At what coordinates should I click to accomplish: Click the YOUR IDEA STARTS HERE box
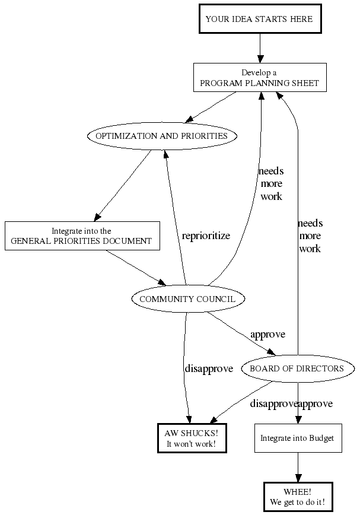[x=259, y=19]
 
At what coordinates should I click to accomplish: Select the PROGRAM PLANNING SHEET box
[x=259, y=78]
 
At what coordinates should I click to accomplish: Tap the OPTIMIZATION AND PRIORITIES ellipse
[x=162, y=136]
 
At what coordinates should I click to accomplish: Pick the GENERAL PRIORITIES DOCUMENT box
[x=82, y=236]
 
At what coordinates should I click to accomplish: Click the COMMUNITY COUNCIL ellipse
[x=187, y=299]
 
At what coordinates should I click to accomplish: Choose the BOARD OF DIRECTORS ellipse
[x=297, y=368]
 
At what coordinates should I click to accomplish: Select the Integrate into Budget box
[x=298, y=438]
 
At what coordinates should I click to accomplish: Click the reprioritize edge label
[x=206, y=236]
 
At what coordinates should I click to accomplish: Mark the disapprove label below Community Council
[x=209, y=368]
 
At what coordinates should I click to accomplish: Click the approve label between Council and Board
[x=267, y=334]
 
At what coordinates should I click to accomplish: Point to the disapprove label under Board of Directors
[x=273, y=403]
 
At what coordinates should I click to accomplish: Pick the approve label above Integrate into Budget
[x=316, y=403]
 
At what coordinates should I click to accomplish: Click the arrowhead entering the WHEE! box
[x=298, y=478]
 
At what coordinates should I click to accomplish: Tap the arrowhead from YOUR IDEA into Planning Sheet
[x=259, y=59]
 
